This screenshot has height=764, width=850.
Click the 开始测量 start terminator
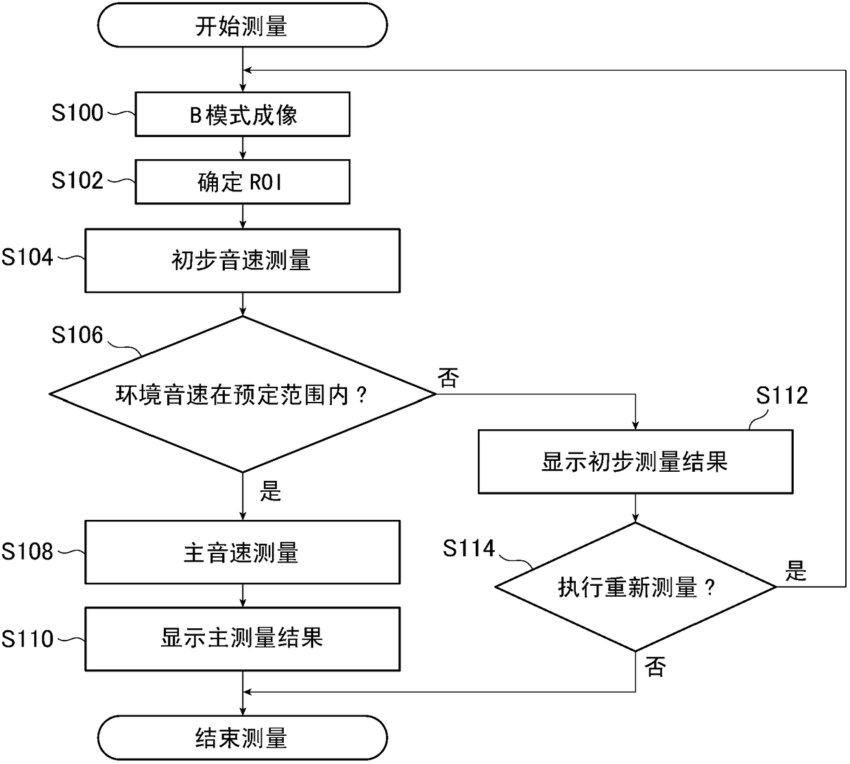pos(243,25)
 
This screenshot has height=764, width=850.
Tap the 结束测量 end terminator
pos(243,737)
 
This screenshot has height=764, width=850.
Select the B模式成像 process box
pos(243,114)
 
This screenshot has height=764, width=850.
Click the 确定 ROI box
pos(243,182)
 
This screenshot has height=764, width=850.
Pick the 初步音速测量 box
pos(243,260)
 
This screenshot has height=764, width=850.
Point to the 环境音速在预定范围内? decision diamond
pos(243,394)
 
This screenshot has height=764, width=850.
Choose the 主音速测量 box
pos(243,552)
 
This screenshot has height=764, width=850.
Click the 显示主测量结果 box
pos(243,639)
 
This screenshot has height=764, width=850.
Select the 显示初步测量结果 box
pos(635,462)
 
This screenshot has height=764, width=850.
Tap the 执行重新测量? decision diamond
pos(635,587)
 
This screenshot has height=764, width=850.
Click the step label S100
pos(77,112)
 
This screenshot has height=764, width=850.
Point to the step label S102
pos(77,180)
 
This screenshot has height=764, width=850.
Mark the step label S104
pos(27,257)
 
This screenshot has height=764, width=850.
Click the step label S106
pos(77,335)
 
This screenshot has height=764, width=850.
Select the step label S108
pos(27,551)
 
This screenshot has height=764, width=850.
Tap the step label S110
pos(27,638)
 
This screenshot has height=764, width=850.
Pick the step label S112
pos(781,396)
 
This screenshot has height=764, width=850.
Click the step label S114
pos(469,548)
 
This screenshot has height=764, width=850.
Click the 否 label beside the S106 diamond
pos(448,377)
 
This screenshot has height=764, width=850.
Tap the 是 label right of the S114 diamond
pos(795,571)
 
